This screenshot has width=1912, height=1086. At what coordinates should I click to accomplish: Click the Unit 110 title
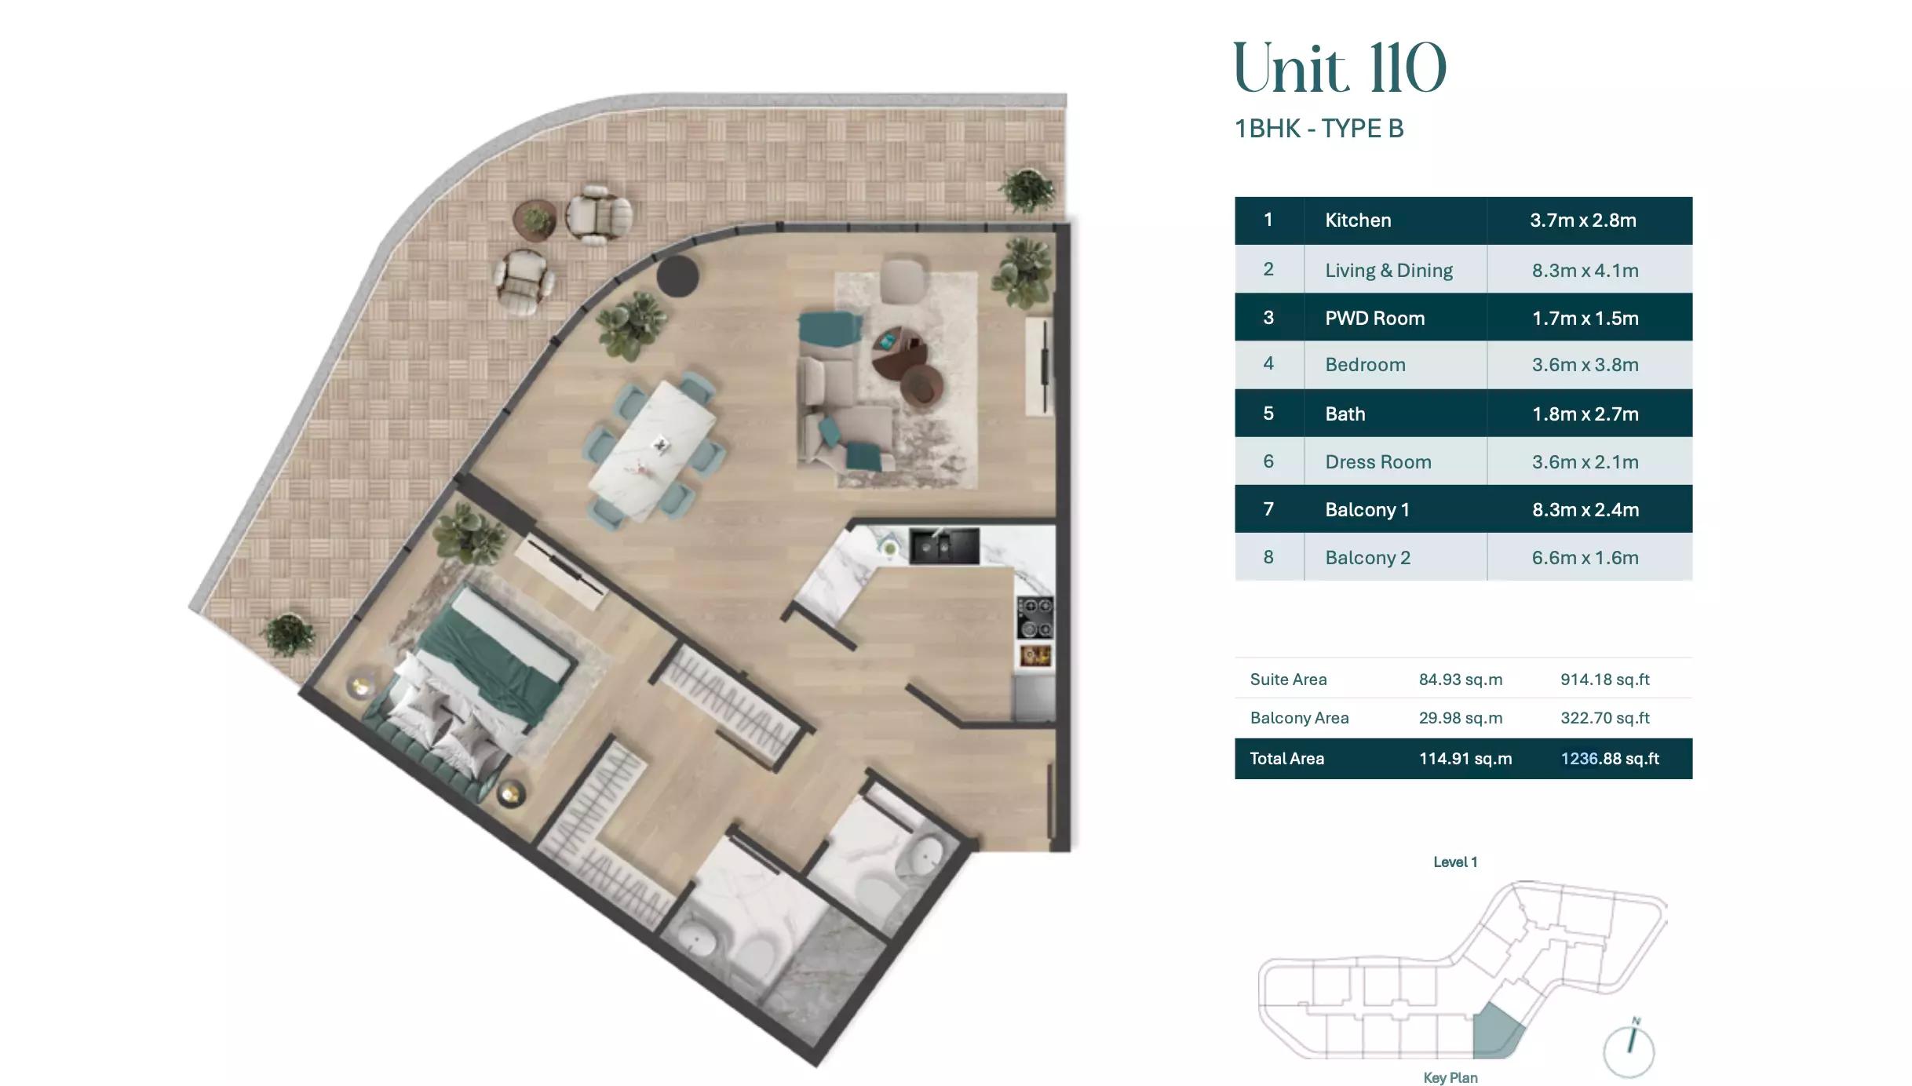coord(1339,69)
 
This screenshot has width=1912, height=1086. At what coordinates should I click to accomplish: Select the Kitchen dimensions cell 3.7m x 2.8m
coord(1582,220)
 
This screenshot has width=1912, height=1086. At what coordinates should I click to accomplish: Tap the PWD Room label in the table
coord(1374,318)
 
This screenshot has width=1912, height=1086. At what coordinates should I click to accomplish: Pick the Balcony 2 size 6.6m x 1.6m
coord(1585,558)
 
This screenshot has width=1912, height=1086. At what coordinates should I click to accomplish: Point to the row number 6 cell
coord(1268,461)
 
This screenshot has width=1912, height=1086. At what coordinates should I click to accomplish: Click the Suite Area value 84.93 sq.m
coord(1460,680)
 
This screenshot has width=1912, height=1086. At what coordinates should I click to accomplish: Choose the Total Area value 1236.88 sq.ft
coord(1609,759)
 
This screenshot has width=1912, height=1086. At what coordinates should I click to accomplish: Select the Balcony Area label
coord(1299,718)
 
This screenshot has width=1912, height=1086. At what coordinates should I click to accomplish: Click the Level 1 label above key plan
coord(1455,862)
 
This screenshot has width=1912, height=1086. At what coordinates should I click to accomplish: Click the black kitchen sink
coord(943,546)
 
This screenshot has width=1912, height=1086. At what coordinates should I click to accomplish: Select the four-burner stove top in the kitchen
coord(1035,618)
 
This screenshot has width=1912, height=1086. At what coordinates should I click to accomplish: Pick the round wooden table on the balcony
coord(535,219)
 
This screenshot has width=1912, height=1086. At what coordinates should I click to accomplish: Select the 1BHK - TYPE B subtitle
coord(1319,129)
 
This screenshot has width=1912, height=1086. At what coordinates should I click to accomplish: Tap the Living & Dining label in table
coord(1388,271)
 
